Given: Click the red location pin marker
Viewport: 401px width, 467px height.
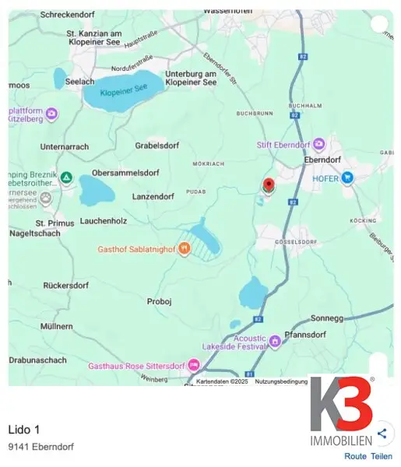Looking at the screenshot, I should coord(269,185).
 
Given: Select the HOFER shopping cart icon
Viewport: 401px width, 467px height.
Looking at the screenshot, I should coord(347,178).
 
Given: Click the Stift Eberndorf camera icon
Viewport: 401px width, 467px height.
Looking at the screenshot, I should coord(318,144).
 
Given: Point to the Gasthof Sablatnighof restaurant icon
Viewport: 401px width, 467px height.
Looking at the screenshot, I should coord(184,249).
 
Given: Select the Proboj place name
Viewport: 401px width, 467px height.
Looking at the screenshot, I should coord(160,300).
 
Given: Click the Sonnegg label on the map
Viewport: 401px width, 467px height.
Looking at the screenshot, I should coord(327,318).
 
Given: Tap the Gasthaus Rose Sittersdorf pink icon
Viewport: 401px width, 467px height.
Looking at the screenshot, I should coord(193,365).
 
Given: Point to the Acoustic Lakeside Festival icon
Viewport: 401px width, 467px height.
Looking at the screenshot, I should coord(274,340).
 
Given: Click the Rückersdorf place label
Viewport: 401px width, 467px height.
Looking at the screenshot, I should coord(66,286).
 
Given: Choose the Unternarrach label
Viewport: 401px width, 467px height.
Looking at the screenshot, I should coord(65,146).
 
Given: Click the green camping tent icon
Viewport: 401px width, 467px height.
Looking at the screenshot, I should coord(66,177).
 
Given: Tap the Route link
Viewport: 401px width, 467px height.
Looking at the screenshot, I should coord(355,456).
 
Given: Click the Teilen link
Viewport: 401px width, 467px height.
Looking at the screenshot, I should coord(382,456).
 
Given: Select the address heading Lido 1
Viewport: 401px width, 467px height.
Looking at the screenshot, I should coord(23,430).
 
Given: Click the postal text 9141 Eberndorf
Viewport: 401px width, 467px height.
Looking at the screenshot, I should coord(40,448).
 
